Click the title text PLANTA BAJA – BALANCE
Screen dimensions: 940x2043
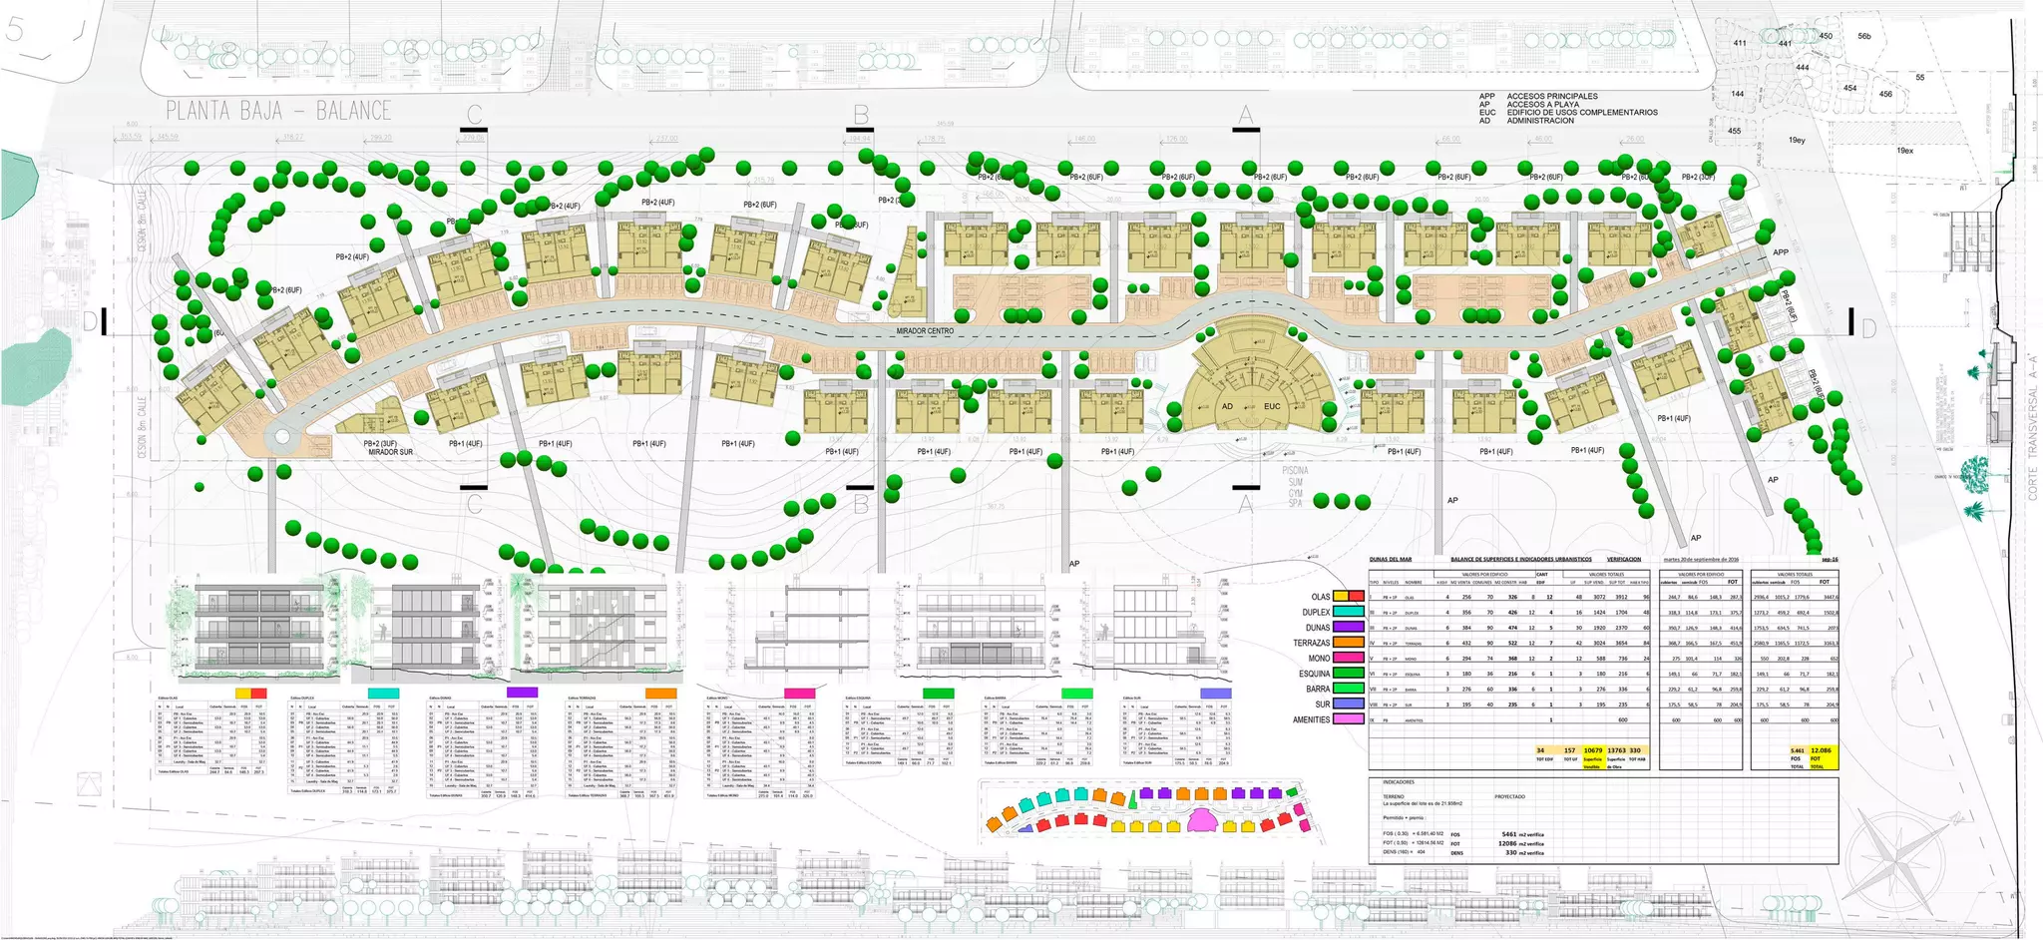click(278, 111)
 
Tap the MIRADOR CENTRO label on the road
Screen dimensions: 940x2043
click(925, 331)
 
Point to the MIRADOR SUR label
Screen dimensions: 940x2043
click(390, 453)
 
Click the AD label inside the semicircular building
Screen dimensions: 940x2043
click(1228, 407)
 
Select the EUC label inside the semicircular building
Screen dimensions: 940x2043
click(1272, 407)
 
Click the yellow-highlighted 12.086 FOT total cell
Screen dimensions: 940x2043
click(1822, 750)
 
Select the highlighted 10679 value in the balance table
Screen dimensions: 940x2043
click(1592, 750)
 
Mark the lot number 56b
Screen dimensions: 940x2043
click(1864, 37)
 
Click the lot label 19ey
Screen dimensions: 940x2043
click(1797, 141)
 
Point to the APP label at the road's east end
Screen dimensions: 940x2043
click(1782, 253)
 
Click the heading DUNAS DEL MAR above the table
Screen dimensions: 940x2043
click(1391, 560)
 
